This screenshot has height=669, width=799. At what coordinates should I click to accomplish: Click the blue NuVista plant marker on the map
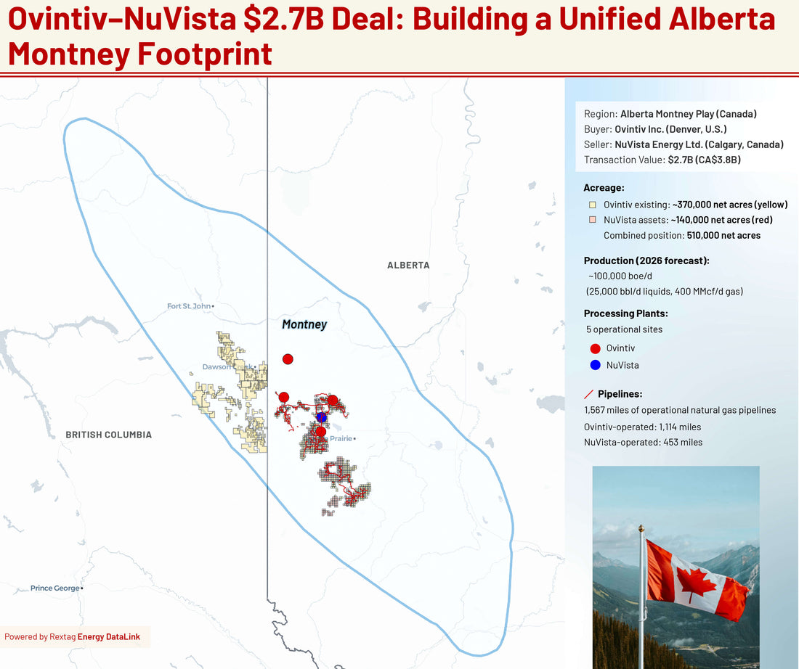321,417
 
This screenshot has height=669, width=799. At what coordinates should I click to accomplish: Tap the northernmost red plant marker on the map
288,359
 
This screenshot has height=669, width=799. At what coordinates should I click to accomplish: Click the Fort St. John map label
189,306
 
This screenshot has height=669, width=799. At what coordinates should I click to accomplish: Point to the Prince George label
55,588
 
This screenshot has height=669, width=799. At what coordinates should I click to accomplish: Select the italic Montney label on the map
304,324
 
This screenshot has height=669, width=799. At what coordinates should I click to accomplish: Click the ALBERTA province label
408,266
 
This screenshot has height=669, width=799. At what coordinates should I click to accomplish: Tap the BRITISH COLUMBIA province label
109,435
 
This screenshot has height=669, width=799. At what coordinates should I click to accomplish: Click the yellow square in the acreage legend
593,205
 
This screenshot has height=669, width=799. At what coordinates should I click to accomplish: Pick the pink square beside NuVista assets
593,220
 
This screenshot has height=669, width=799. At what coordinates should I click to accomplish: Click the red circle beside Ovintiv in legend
596,348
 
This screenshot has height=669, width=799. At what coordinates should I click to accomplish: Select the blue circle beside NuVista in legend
596,365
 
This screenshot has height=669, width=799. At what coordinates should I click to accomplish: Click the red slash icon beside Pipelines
589,395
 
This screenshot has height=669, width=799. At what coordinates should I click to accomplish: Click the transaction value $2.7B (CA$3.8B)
704,160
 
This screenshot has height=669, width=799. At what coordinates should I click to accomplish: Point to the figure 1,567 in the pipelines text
598,410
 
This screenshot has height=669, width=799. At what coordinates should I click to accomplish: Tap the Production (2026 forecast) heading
646,260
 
